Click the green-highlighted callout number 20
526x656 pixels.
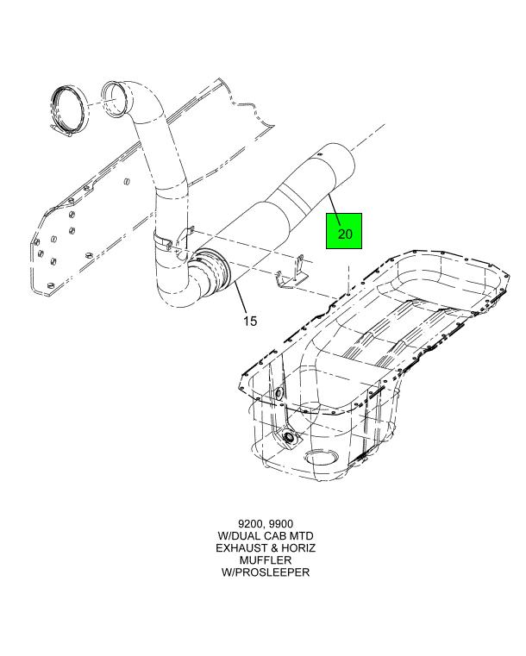[344, 234]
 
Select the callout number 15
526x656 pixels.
[250, 322]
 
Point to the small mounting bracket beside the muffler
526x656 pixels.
[293, 273]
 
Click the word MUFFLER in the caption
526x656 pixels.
[266, 559]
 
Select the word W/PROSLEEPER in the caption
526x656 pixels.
[266, 572]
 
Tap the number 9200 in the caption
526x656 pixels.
[249, 524]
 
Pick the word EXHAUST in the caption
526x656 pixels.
[241, 547]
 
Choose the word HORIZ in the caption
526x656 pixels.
[298, 547]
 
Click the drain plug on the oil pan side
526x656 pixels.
[288, 437]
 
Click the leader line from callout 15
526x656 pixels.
[241, 297]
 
